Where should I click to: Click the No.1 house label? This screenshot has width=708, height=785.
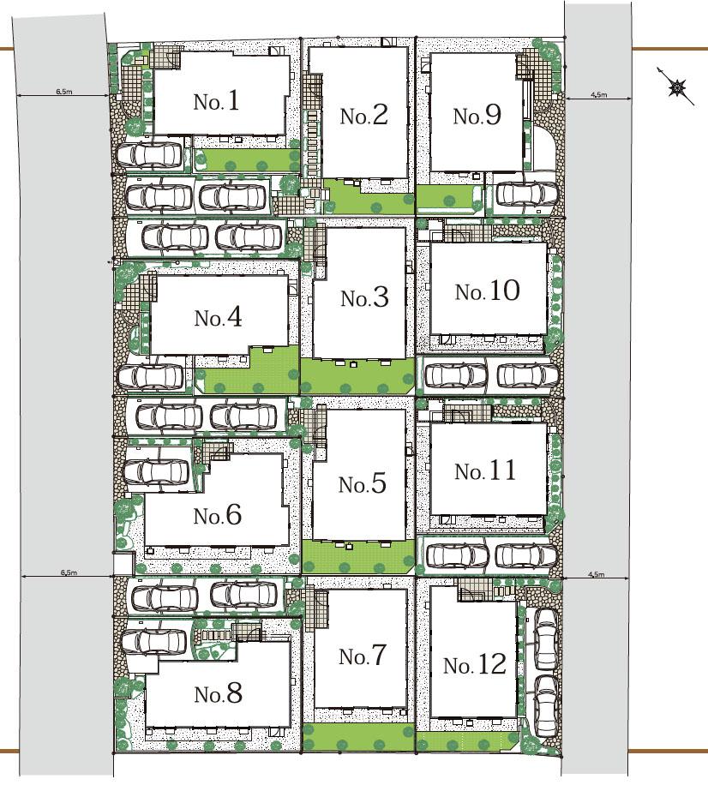click(x=216, y=101)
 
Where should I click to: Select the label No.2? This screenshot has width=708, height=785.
click(x=363, y=116)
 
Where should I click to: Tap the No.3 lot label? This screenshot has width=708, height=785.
click(x=364, y=298)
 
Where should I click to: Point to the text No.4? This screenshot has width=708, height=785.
click(x=218, y=317)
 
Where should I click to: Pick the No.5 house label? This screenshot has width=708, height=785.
click(x=362, y=484)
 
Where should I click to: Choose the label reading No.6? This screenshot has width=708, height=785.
click(x=218, y=515)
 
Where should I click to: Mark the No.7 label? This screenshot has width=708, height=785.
click(x=362, y=656)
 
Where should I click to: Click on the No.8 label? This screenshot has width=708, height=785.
click(x=219, y=694)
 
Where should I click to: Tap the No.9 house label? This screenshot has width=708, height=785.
click(x=477, y=116)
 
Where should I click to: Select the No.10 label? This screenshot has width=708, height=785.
click(x=487, y=291)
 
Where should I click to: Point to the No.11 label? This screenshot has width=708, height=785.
click(x=485, y=471)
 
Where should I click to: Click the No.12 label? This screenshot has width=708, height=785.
click(x=475, y=664)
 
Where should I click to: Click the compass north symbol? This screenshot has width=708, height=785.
click(x=677, y=87)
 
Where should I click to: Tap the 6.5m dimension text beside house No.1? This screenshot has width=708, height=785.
click(x=63, y=92)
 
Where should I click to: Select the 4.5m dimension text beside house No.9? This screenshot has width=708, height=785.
click(x=598, y=94)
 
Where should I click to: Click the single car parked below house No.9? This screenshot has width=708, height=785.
click(x=527, y=194)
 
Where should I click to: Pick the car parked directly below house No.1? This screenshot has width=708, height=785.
click(x=149, y=155)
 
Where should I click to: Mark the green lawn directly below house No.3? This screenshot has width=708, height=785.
click(x=357, y=376)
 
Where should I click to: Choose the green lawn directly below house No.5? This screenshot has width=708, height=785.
click(x=358, y=557)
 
